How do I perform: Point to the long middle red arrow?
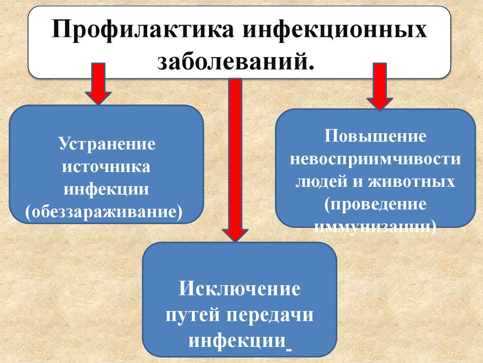tap(235, 156)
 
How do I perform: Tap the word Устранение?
tap(107, 144)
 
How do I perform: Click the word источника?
tap(107, 166)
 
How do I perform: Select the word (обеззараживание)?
tap(107, 212)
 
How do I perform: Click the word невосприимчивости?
tap(375, 159)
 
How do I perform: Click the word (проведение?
tap(375, 204)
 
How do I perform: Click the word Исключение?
tap(240, 288)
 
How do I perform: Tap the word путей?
tap(194, 315)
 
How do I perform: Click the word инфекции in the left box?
tap(107, 189)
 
